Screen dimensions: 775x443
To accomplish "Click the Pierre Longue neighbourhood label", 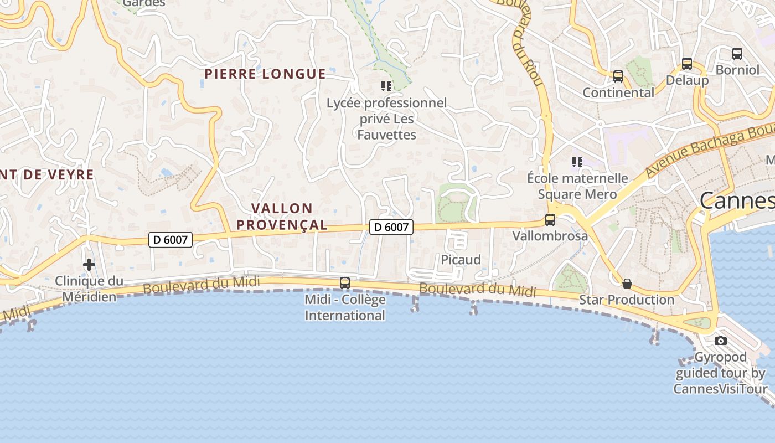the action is tap(265, 74).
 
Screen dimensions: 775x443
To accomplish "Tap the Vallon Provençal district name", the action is tap(289, 217).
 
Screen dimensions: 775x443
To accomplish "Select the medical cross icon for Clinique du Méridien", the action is tap(89, 265).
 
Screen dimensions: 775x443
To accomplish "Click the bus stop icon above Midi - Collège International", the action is tap(345, 283).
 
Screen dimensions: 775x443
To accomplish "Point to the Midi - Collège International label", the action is tap(345, 308).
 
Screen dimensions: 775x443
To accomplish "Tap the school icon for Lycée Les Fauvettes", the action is tap(386, 86).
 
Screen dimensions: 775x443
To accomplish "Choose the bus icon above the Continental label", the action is tap(618, 76).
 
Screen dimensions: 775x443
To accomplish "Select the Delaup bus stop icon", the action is tap(687, 64).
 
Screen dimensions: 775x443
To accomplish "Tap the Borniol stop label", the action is tap(737, 70).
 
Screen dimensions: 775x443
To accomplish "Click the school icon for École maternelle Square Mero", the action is tap(577, 162).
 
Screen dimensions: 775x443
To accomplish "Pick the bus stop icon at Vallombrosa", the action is tap(550, 220).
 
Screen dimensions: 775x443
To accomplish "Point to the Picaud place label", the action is tap(461, 260).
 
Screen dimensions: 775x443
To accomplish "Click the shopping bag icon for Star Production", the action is tap(627, 284).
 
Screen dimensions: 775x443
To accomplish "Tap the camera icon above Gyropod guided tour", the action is tap(720, 341).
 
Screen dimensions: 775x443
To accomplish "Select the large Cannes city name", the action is tap(737, 200).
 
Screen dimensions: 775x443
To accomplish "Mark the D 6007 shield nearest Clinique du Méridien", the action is tap(170, 240).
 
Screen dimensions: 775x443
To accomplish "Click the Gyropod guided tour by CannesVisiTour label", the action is tap(720, 373).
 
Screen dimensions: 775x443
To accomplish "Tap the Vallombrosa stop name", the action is tap(550, 236).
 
